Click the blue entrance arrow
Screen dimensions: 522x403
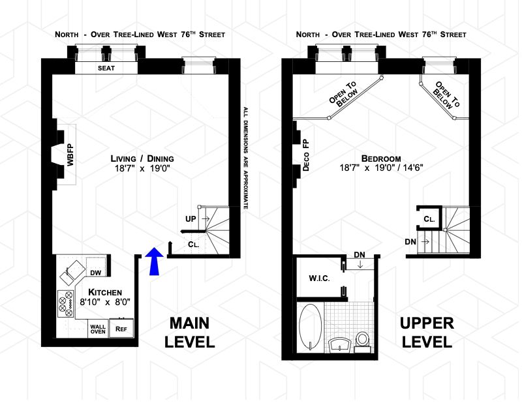[x=154, y=261]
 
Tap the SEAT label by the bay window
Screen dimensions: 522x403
[x=106, y=68]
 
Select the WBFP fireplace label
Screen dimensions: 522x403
[x=70, y=155]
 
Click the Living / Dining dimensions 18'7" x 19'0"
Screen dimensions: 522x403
[x=142, y=168]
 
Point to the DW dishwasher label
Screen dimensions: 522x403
[x=95, y=273]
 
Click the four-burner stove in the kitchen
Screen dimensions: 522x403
[x=66, y=304]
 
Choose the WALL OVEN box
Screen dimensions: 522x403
[x=98, y=329]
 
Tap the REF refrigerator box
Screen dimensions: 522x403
[x=121, y=329]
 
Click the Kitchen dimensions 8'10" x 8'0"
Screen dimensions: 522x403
[x=105, y=302]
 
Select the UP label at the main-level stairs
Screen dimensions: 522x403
[x=191, y=219]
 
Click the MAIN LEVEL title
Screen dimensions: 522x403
[x=190, y=333]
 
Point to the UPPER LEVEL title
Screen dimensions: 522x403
[x=427, y=333]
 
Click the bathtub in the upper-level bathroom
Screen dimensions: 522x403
[x=311, y=327]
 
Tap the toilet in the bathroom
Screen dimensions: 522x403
[x=363, y=342]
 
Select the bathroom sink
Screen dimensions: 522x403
[x=340, y=345]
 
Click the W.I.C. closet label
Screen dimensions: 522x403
[x=319, y=278]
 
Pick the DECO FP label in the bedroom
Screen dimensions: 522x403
[x=306, y=155]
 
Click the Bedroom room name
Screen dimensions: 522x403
[x=381, y=158]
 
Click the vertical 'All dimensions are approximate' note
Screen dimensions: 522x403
[x=246, y=158]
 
